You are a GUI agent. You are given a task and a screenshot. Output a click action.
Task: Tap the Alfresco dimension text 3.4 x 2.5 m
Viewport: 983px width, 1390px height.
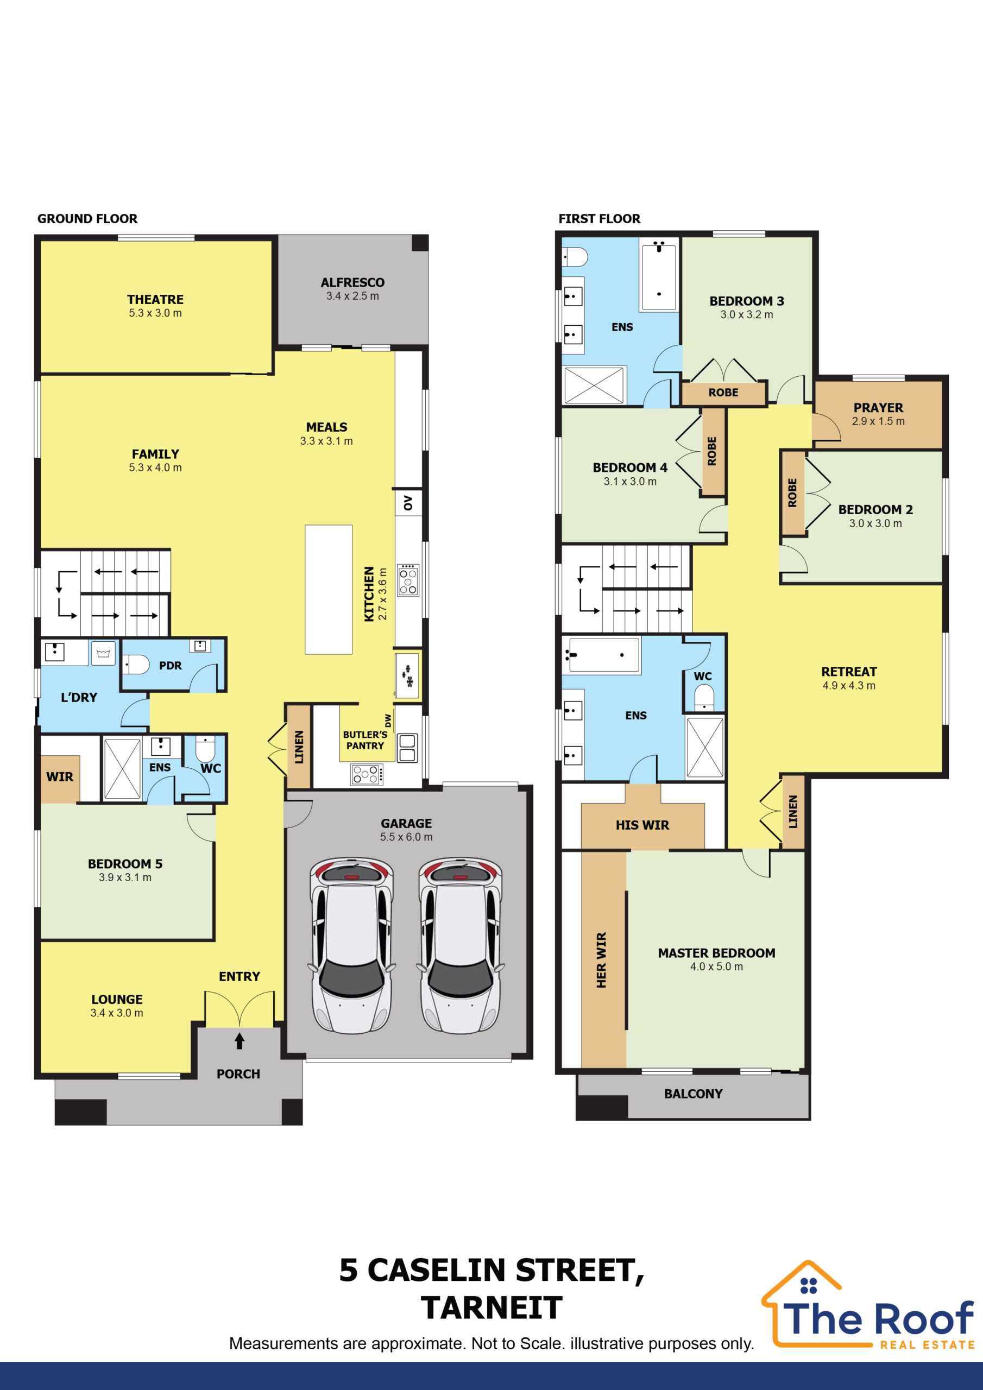[x=352, y=296]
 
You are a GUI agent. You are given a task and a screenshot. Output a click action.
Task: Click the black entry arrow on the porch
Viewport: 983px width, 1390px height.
[x=240, y=1041]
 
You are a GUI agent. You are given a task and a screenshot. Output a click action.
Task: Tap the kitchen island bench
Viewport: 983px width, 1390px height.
[x=328, y=589]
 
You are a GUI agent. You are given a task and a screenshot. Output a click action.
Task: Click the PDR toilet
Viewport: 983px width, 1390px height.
[x=136, y=665]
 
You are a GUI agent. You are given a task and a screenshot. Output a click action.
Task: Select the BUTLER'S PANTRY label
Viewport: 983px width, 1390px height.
[x=365, y=740]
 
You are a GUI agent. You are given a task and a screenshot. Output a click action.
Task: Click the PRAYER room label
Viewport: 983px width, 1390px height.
[x=878, y=407]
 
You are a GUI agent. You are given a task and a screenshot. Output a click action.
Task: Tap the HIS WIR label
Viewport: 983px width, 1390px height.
[x=642, y=825]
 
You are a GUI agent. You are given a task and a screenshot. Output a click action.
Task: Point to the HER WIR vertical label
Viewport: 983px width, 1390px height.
[x=601, y=960]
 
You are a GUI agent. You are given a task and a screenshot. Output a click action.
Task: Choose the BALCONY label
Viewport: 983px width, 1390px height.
[x=694, y=1094]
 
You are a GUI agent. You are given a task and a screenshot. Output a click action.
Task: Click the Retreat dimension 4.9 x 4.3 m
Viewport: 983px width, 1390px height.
[x=849, y=686]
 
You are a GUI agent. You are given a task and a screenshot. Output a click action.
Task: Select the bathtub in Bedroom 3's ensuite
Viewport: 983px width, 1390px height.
[x=659, y=276]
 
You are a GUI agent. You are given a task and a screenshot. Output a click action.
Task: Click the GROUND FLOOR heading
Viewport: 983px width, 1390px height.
[x=87, y=219]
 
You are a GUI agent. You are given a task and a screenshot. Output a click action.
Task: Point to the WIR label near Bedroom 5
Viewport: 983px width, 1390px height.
[x=59, y=777]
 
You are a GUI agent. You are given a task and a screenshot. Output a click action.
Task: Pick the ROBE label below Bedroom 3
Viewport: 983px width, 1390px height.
[x=723, y=393]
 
